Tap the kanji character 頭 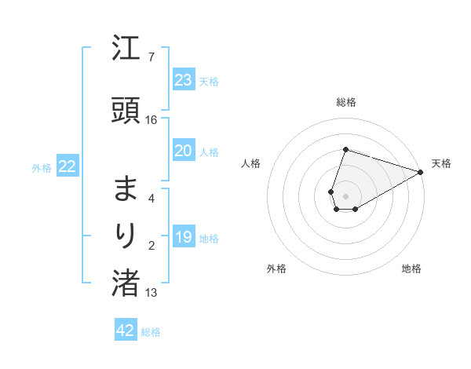click(126, 111)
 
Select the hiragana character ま click(126, 189)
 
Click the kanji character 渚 click(126, 283)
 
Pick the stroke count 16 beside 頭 click(152, 120)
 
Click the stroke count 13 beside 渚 click(152, 293)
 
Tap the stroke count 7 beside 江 click(152, 57)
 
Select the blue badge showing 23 click(184, 80)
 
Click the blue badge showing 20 click(184, 151)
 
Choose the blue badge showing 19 click(184, 237)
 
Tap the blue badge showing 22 click(68, 166)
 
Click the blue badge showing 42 click(126, 331)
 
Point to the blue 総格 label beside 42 click(151, 332)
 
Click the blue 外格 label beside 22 click(42, 167)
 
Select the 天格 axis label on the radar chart click(442, 163)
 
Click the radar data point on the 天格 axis click(421, 173)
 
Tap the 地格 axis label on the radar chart click(411, 269)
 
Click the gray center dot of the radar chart click(345, 195)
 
